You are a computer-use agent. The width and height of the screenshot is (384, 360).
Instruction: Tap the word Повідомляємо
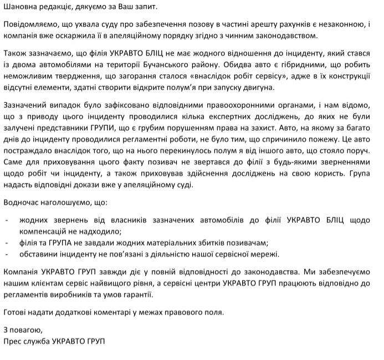(x=30, y=26)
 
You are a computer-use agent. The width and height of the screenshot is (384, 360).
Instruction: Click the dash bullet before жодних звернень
(x=6, y=220)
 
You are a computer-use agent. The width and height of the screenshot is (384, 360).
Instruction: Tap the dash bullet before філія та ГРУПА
(x=6, y=243)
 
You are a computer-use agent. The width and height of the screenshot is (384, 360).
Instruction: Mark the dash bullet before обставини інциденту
(x=6, y=254)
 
